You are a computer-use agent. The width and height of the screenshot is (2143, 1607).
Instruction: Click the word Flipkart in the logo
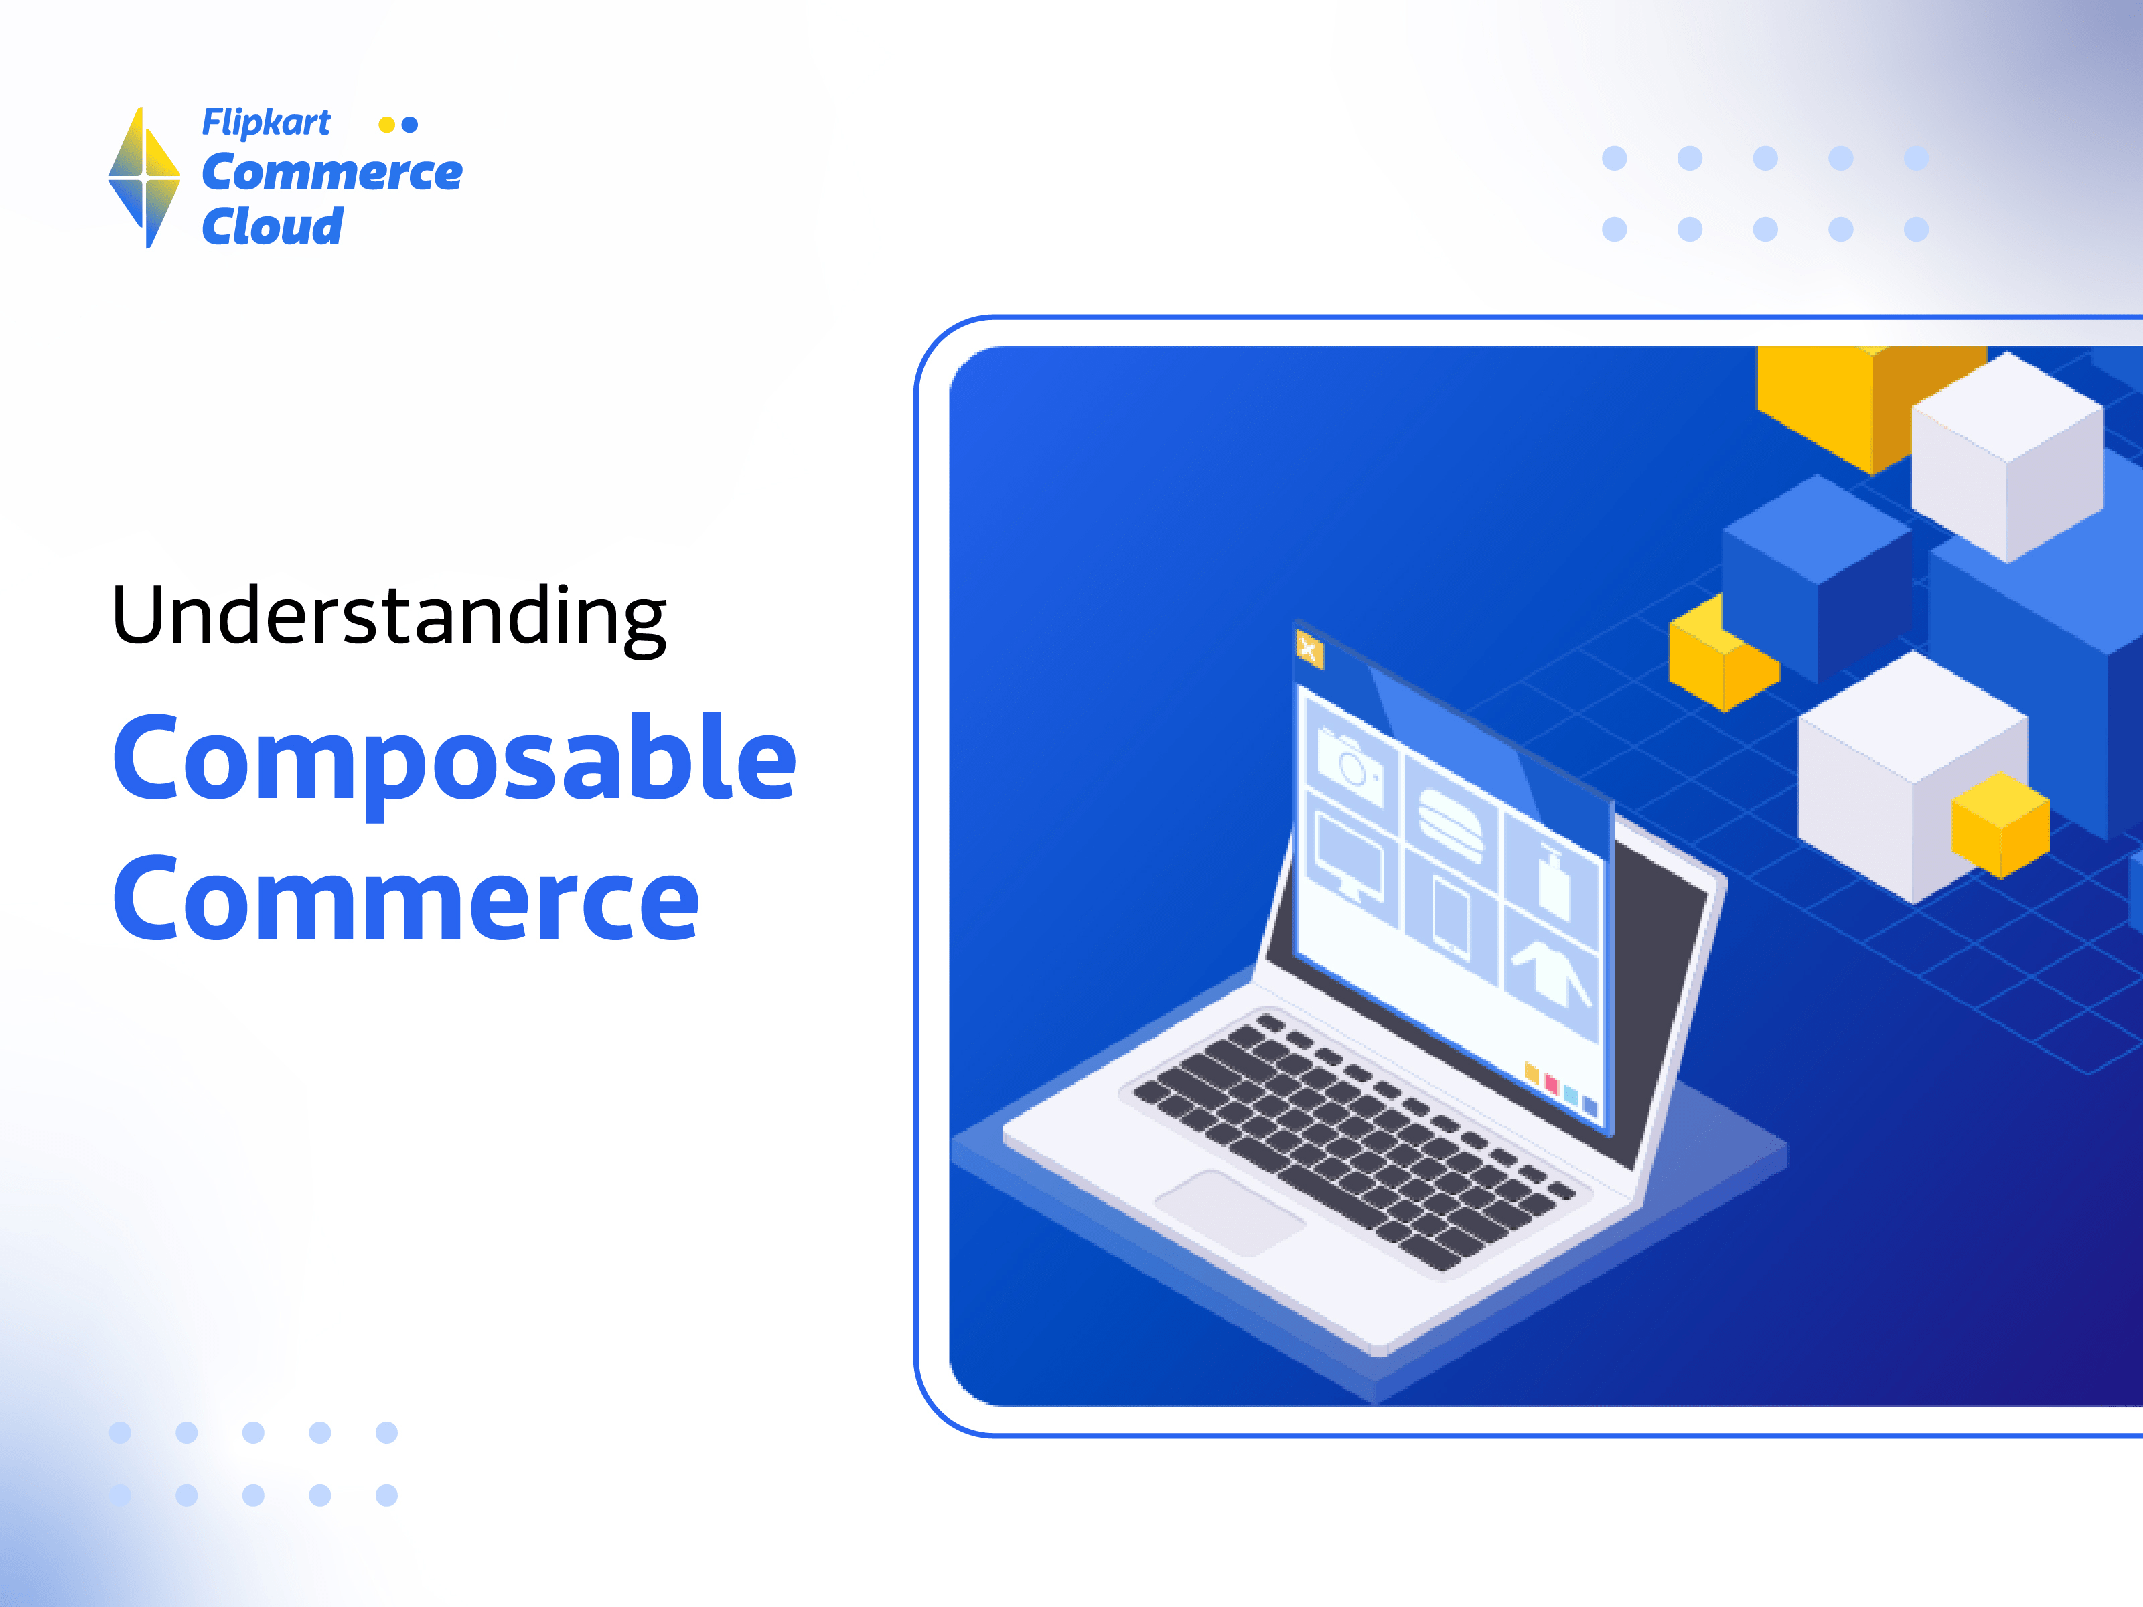pos(265,123)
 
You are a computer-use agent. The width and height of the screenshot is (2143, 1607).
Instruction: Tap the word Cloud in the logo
pos(273,227)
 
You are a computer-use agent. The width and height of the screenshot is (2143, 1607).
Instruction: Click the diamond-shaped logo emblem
pos(145,177)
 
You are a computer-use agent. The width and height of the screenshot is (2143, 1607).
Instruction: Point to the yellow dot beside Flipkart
pos(386,124)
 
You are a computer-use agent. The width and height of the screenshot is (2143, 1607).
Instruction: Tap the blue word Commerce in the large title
pos(406,898)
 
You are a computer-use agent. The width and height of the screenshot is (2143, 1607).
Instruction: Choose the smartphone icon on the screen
pos(1451,917)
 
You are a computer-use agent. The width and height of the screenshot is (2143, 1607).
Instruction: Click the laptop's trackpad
pos(1230,1212)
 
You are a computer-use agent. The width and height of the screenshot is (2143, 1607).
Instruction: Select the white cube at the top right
pos(2007,455)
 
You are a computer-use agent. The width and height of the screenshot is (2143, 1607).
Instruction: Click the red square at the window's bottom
pos(1551,1084)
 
